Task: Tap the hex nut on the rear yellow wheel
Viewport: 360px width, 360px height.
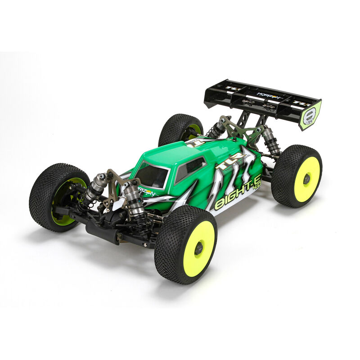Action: pos(306,179)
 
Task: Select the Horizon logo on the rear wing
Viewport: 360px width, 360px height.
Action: pos(269,96)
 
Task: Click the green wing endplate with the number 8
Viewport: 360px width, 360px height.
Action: pos(310,115)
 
